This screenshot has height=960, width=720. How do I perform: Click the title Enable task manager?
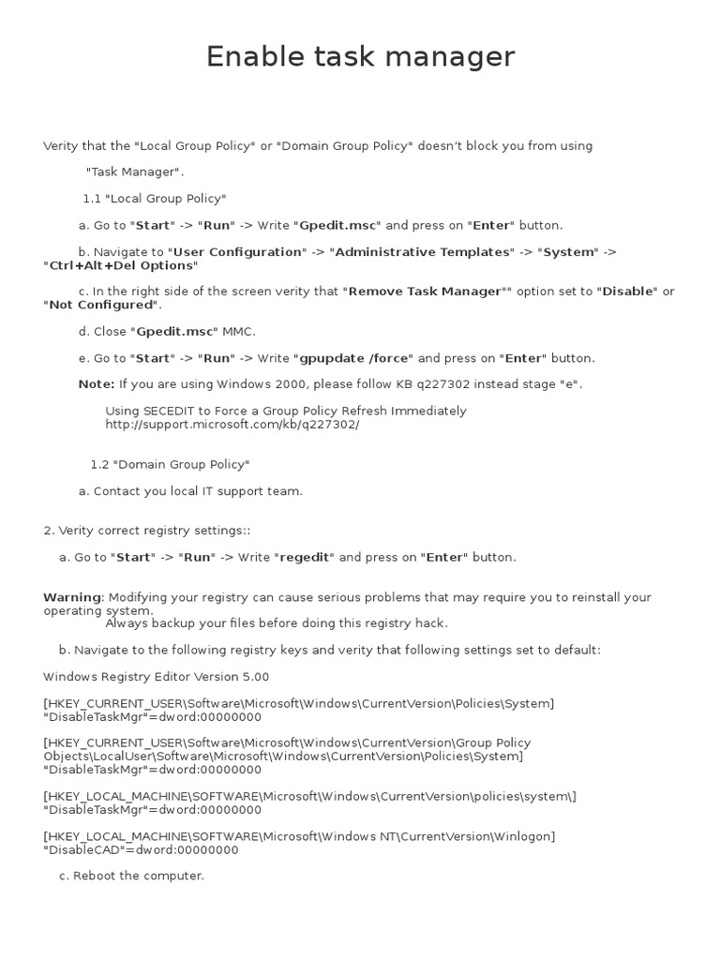click(360, 57)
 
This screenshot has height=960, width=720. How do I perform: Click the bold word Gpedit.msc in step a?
click(338, 225)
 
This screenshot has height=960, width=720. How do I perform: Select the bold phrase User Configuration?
click(238, 252)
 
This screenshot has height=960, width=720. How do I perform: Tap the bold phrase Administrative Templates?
click(424, 252)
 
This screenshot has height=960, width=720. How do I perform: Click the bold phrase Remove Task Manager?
click(424, 292)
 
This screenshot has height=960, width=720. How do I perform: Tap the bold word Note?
click(97, 384)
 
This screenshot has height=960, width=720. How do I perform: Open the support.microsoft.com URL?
click(232, 424)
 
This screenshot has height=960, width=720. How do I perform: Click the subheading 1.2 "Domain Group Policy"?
click(170, 464)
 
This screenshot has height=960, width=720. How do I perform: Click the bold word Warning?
click(72, 597)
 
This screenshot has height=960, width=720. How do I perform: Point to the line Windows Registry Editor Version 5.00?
click(156, 677)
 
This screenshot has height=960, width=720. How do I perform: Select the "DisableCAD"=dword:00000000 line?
click(141, 850)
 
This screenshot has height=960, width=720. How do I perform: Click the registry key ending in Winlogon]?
click(299, 836)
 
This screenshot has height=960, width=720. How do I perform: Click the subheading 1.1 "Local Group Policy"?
click(155, 199)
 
